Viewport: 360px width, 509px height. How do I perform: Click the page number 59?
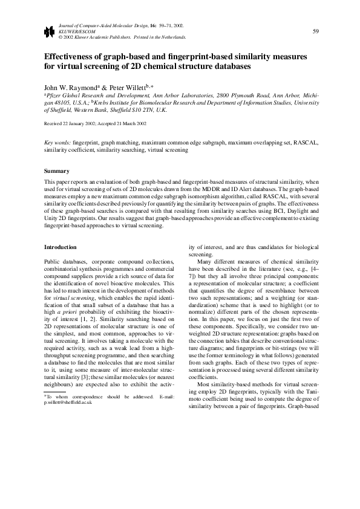[x=316, y=31]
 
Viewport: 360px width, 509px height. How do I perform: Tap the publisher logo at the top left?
[x=48, y=31]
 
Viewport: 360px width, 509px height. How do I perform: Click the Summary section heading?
[x=56, y=171]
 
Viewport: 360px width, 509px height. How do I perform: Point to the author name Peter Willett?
[x=127, y=87]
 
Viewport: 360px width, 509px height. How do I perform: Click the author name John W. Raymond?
[x=68, y=87]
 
